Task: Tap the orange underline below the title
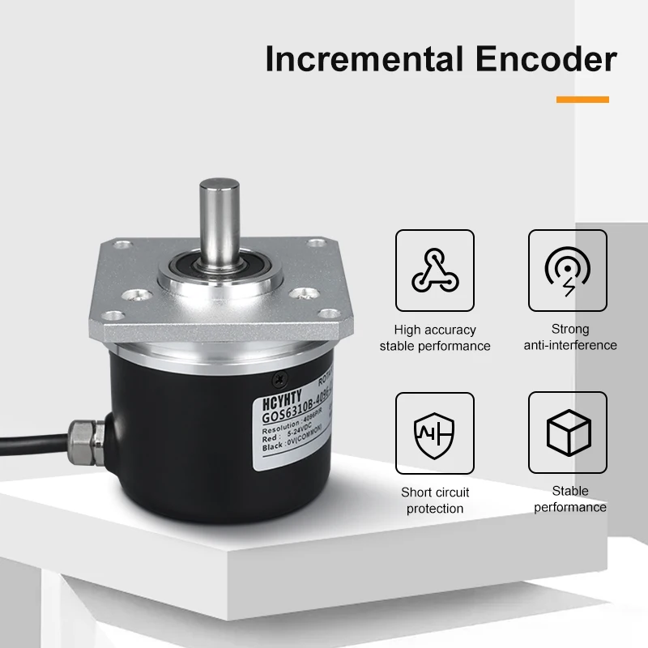click(x=582, y=100)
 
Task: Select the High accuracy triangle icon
click(x=435, y=271)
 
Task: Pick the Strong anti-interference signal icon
click(x=567, y=271)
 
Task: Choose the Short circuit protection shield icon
click(x=435, y=433)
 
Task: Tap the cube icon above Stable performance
click(x=567, y=433)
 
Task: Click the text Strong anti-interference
click(x=569, y=337)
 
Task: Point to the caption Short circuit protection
click(x=435, y=500)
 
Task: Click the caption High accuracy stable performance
click(x=435, y=338)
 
